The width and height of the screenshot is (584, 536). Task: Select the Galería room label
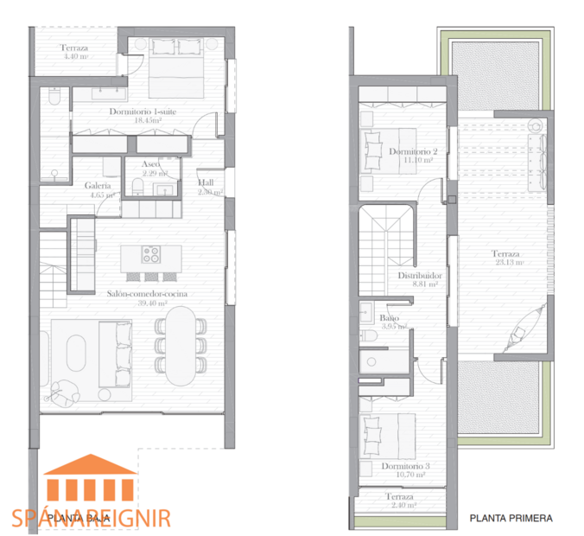point(98,186)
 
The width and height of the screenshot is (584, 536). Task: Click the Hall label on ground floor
point(206,183)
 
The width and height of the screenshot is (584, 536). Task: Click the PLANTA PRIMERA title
point(511,519)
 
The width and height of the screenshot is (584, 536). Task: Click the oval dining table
point(181,347)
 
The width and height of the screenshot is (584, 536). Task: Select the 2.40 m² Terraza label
point(400,499)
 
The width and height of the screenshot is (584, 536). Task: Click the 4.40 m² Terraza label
point(76,53)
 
